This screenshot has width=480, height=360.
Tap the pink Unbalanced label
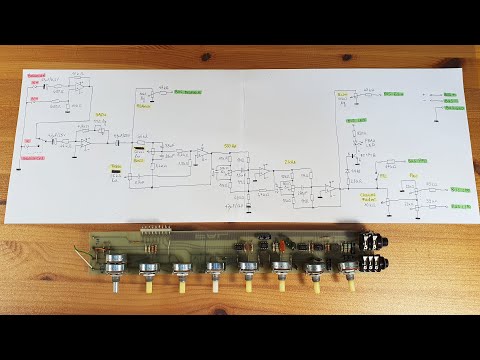[36, 157]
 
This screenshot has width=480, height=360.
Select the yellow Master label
[144, 102]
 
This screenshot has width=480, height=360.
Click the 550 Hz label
[231, 146]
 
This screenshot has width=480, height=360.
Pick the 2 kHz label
[290, 159]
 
